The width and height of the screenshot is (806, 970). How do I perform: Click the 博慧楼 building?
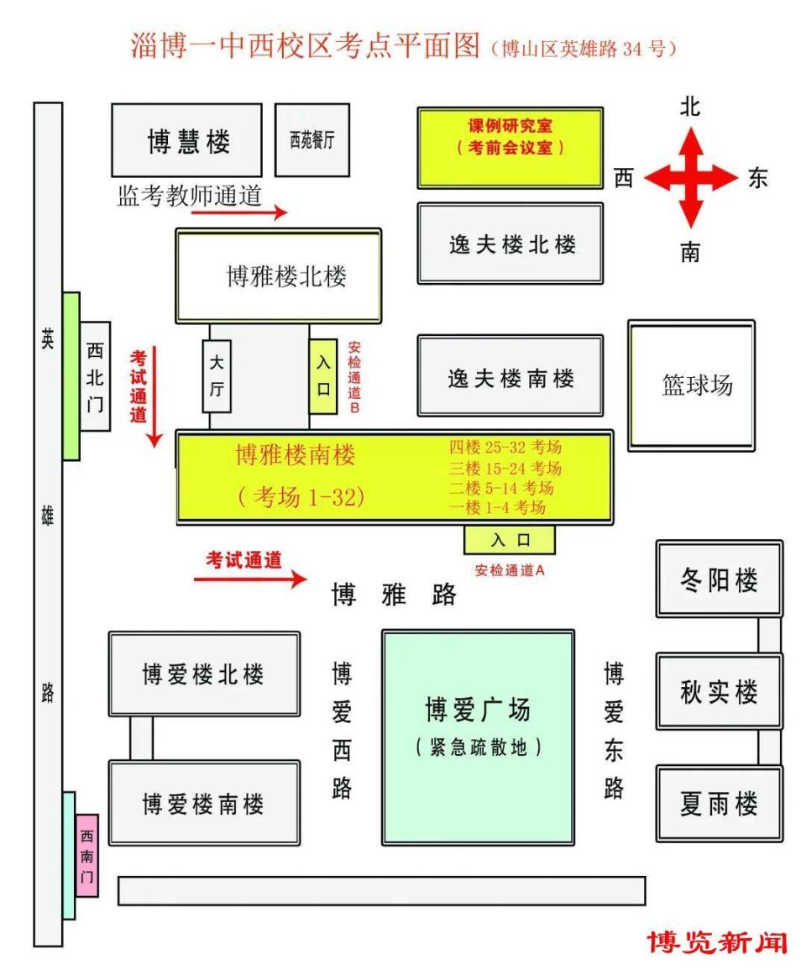tap(186, 140)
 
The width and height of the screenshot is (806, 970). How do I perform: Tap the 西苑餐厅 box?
tap(312, 140)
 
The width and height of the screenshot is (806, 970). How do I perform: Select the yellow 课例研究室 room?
tap(510, 147)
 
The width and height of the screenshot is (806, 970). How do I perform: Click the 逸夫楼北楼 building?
tap(510, 244)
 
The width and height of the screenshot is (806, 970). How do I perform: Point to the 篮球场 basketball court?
tap(692, 385)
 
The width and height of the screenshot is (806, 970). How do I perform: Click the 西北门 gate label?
tap(95, 376)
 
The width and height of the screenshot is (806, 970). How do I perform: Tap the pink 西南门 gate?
tap(86, 854)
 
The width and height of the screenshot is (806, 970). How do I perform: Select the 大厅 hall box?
tap(217, 375)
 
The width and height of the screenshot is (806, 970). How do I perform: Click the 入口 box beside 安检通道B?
tap(323, 375)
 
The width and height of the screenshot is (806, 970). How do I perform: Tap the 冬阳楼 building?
tap(719, 579)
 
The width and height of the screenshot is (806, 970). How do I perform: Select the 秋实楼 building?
tap(719, 691)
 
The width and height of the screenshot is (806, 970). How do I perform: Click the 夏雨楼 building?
tap(719, 803)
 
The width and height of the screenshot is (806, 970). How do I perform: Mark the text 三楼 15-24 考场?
tap(505, 468)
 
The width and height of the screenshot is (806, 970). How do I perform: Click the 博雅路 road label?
tap(394, 595)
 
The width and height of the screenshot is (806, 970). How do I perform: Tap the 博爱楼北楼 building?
tap(204, 674)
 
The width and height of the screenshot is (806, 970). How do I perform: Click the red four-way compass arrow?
tap(690, 178)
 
